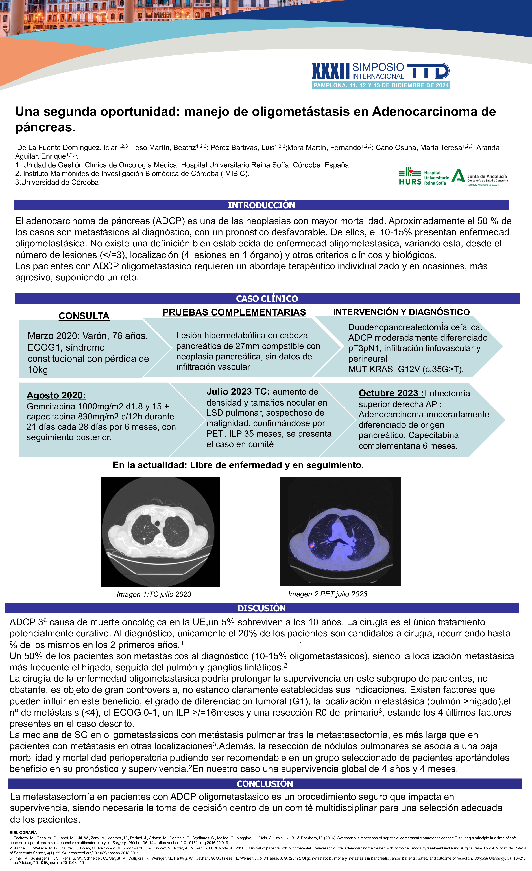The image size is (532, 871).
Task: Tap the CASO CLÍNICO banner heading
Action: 267,299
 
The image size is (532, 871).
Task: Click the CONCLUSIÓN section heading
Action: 265,784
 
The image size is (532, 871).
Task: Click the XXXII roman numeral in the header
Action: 330,71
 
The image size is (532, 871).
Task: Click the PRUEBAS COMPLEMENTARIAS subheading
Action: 234,312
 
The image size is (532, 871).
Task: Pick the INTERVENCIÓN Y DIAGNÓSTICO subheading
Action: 401,312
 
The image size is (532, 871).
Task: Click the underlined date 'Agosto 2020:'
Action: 56,395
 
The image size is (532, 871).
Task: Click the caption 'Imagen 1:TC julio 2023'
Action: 154,594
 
